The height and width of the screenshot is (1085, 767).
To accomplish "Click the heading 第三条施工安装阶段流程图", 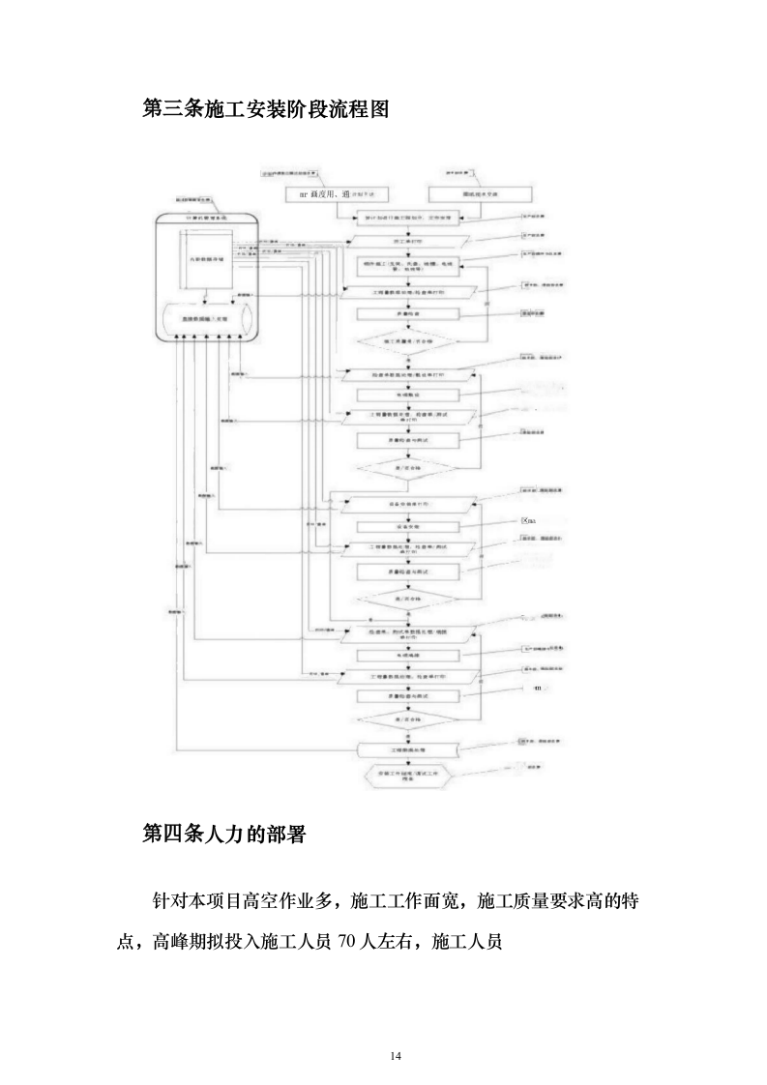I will pos(265,108).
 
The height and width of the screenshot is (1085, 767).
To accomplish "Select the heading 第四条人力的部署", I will pos(223,834).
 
